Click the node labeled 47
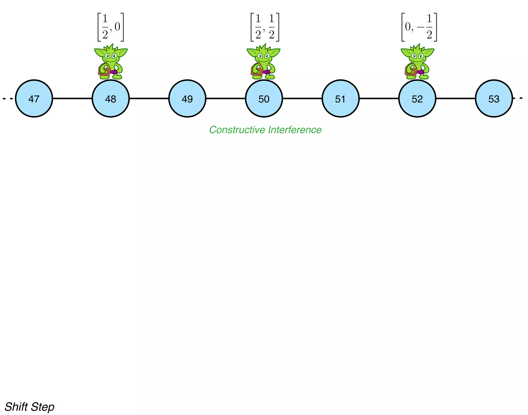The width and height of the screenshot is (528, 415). [34, 99]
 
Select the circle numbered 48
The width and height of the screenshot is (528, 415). [111, 99]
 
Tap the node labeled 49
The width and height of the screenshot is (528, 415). [187, 99]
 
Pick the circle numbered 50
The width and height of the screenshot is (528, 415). [264, 99]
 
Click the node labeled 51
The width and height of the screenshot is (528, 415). [340, 99]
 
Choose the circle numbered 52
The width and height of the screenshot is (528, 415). [417, 99]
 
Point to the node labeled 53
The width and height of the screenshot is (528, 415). [494, 99]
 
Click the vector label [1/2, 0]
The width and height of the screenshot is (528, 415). [111, 27]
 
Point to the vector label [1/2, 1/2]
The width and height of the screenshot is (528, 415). [265, 27]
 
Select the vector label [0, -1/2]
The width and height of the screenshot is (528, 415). [419, 27]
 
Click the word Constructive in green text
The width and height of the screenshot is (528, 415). [237, 130]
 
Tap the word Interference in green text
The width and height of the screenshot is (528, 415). [295, 130]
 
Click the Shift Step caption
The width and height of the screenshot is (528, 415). [29, 407]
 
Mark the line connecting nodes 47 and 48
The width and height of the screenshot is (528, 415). [72, 99]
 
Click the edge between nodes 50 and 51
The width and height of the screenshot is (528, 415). [302, 99]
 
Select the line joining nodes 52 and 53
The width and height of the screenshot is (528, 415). [456, 99]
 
